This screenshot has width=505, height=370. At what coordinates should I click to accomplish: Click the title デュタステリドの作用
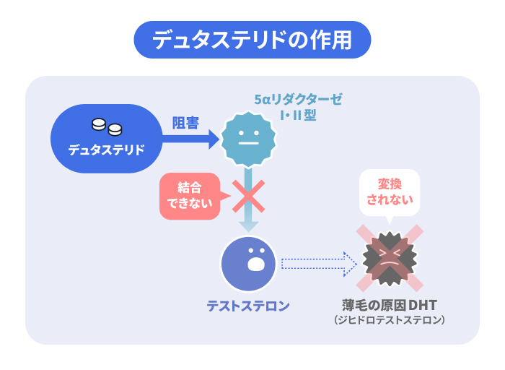pos(252,40)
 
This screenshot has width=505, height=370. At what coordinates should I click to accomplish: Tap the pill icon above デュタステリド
pos(106,127)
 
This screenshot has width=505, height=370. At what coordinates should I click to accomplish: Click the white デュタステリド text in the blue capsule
pos(106,150)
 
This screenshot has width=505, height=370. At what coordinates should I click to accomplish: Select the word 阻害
pos(185,122)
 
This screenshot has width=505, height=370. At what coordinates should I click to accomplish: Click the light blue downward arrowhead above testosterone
pos(247,225)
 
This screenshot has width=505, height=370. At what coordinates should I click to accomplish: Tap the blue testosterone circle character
pos(248,263)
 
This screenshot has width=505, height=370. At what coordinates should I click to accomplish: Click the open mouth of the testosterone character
pos(255,263)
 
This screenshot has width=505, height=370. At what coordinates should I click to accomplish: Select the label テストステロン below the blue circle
pos(248,306)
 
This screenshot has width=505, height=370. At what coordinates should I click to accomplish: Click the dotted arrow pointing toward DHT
pos(317,264)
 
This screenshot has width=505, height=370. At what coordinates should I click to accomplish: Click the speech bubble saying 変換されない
pos(389,192)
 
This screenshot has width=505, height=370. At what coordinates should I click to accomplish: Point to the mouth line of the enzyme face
pos(247,143)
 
